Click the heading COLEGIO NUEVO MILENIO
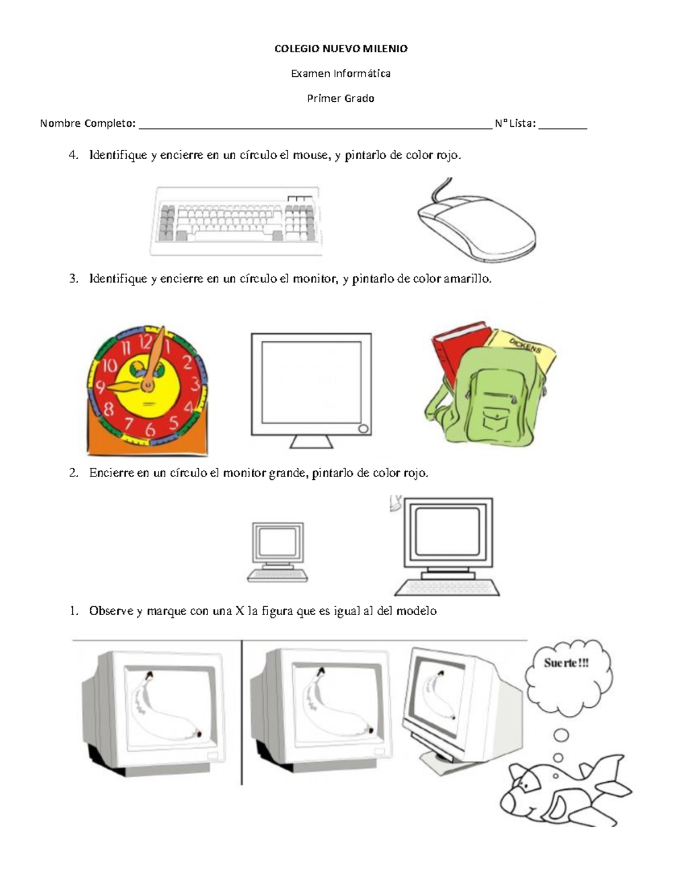pyautogui.click(x=341, y=49)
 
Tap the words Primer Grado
pyautogui.click(x=340, y=98)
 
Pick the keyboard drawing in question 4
pyautogui.click(x=236, y=221)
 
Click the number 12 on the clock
pyautogui.click(x=145, y=342)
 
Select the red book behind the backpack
pyautogui.click(x=457, y=351)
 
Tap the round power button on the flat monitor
pyautogui.click(x=363, y=428)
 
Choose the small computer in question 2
pyautogui.click(x=277, y=552)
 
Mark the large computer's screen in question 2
pyautogui.click(x=448, y=532)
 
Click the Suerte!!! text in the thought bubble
pyautogui.click(x=566, y=663)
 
